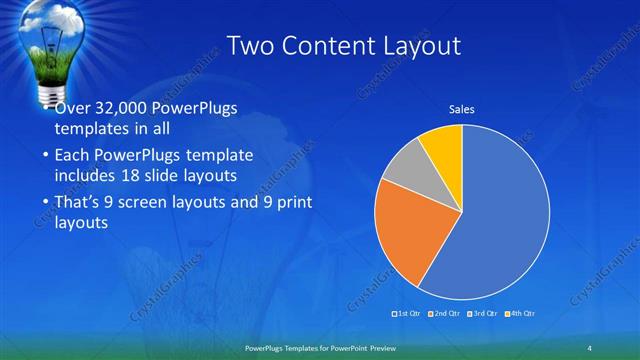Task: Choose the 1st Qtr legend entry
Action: [x=407, y=314]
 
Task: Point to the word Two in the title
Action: [x=251, y=46]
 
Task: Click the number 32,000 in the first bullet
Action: [x=126, y=108]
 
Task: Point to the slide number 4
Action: [x=590, y=347]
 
